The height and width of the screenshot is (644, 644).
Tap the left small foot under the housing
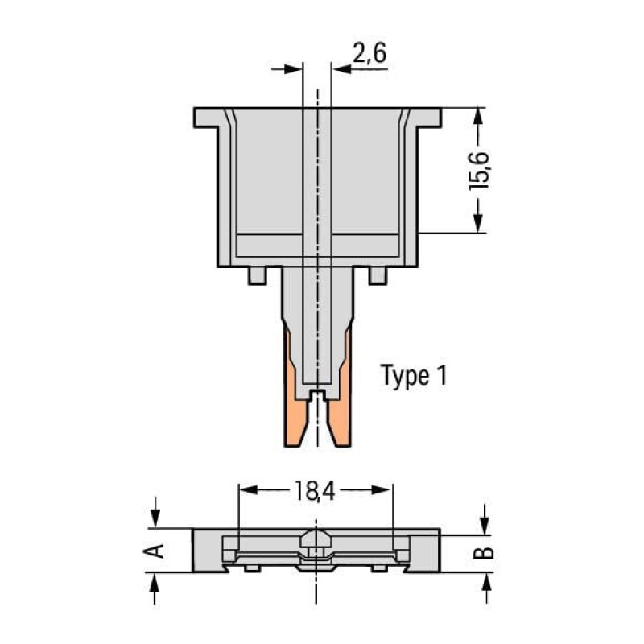click(x=257, y=275)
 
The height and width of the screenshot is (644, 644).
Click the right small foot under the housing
click(x=378, y=275)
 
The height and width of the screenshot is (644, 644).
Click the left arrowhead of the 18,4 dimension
click(x=246, y=489)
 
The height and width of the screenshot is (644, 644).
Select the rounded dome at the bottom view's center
click(x=316, y=537)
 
